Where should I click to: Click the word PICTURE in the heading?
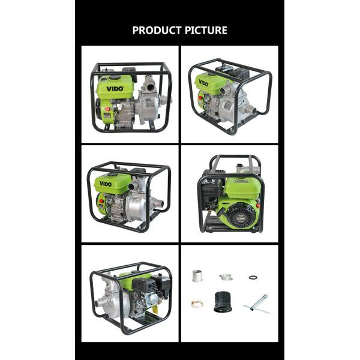coord(206,30)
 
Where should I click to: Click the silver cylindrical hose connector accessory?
coord(196,275)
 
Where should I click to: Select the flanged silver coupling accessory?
coord(225,276)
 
